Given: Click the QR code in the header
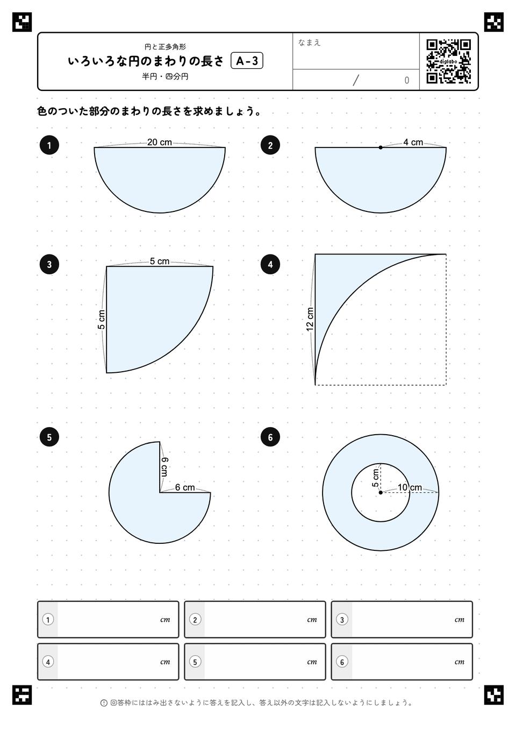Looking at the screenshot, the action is [449, 61].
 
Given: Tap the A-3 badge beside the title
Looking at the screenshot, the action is [247, 61].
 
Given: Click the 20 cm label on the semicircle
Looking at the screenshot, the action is [160, 142].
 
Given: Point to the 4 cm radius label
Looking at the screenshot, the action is [413, 142].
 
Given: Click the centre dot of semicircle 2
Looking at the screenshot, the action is [381, 147].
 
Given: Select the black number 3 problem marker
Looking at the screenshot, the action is [49, 264].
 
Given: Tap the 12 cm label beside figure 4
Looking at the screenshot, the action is [310, 320].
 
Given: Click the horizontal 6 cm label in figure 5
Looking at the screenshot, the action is [185, 487].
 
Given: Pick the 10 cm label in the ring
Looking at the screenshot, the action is [410, 487].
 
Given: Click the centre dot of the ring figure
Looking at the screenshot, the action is [381, 492].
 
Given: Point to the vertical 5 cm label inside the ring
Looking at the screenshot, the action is [375, 478].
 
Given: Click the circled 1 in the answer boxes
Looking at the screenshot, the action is [48, 620].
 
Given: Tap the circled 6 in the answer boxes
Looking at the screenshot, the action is [342, 662].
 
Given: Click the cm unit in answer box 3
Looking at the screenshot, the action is [459, 620].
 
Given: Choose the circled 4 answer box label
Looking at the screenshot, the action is [48, 662].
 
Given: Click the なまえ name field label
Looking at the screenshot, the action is [309, 42].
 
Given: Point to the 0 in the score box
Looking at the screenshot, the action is [406, 80].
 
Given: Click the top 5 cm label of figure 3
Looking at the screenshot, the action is [160, 261].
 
